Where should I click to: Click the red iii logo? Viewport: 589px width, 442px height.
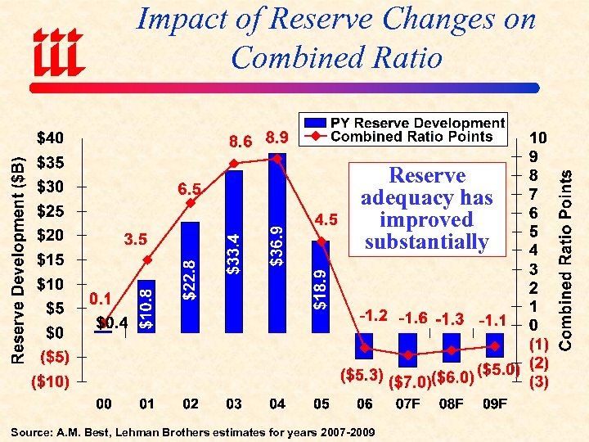(57, 48)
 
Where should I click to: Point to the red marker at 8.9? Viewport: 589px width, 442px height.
(278, 159)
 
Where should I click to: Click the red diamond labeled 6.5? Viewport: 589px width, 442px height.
(191, 203)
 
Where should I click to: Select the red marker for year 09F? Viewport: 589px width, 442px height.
(495, 345)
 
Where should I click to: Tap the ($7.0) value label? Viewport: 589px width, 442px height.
(408, 381)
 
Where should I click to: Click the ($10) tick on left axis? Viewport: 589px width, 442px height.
(51, 381)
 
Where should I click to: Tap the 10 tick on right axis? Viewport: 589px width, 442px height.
(539, 137)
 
